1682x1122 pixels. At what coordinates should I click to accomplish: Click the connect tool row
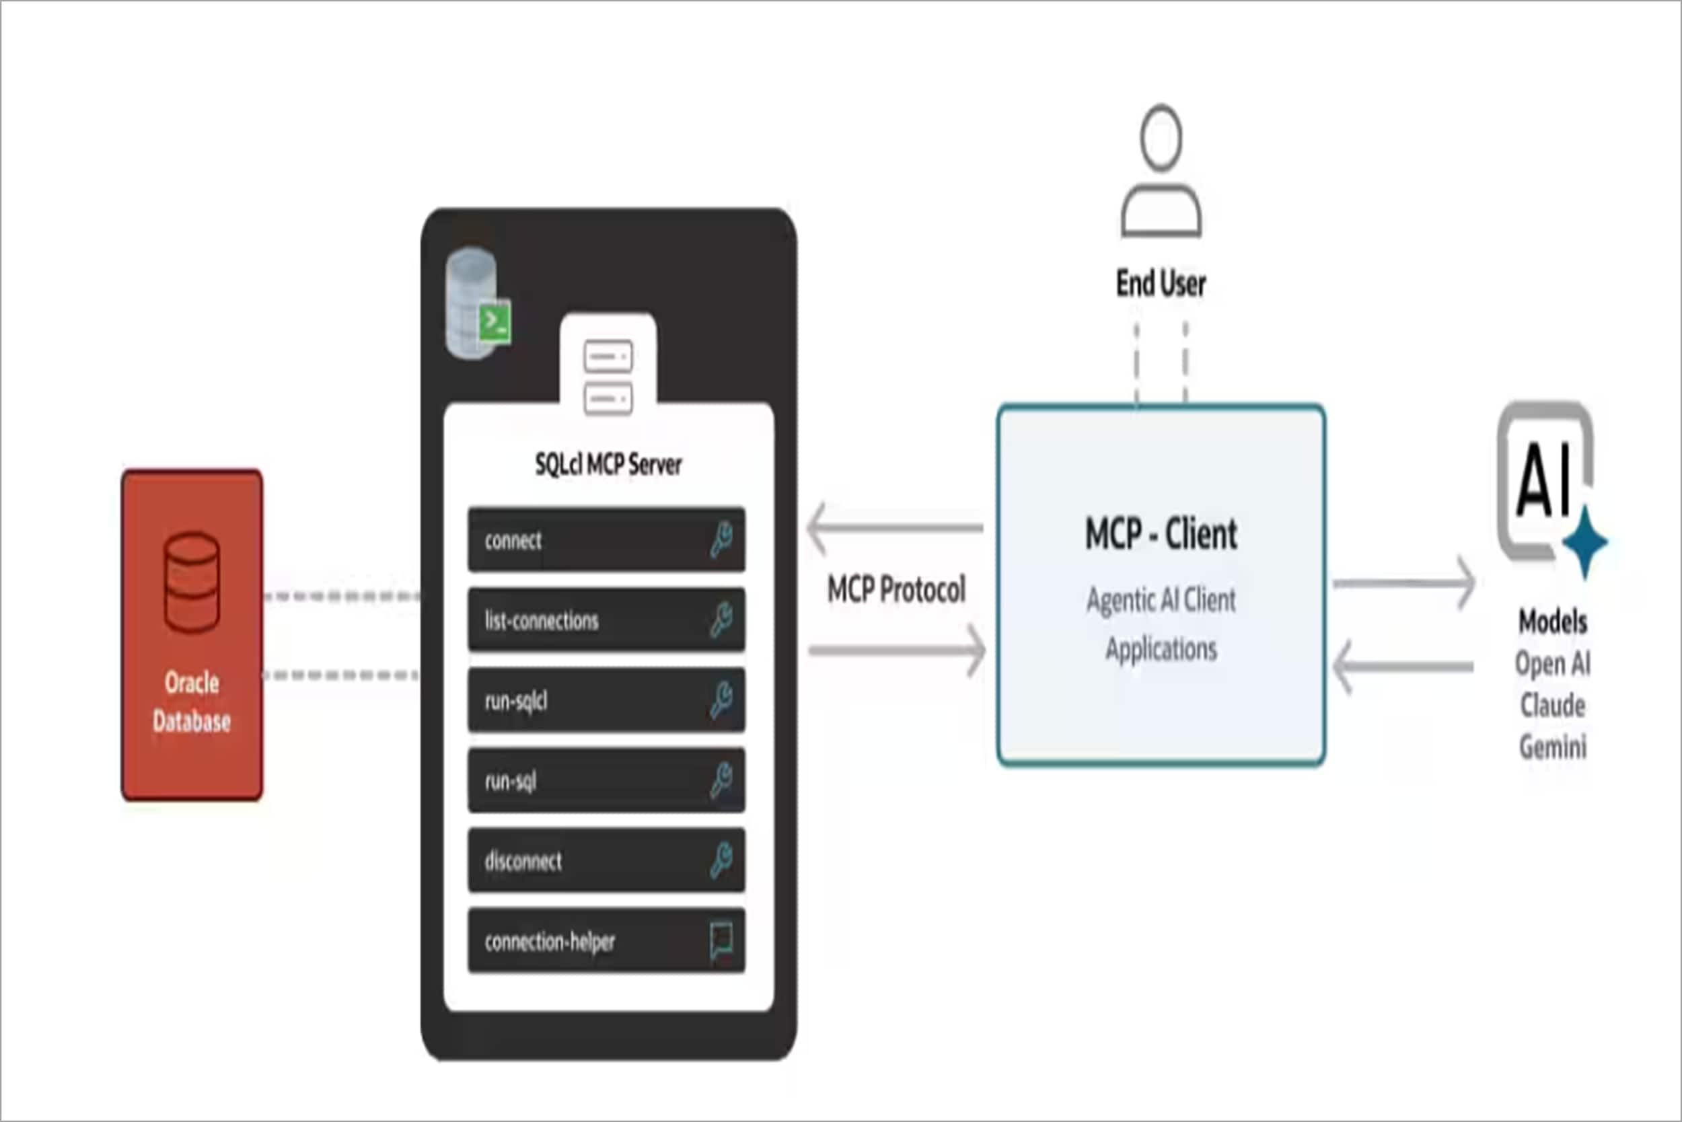click(606, 540)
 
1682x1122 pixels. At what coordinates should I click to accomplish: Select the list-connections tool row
click(606, 620)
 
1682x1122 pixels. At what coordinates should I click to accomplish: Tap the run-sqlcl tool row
click(606, 700)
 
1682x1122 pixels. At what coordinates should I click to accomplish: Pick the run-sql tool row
click(606, 781)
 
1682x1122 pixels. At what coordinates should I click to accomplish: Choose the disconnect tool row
click(606, 861)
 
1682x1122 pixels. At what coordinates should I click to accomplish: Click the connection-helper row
click(606, 941)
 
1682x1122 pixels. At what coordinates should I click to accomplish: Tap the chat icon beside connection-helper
click(721, 941)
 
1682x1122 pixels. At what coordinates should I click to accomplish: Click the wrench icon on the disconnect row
click(721, 860)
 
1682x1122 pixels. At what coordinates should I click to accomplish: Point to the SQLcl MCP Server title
click(608, 465)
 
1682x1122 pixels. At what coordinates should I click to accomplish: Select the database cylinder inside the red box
click(191, 583)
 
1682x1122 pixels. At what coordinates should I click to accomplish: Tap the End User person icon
click(1161, 172)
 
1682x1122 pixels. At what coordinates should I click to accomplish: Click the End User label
click(1161, 283)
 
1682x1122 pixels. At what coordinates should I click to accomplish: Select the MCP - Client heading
click(1161, 534)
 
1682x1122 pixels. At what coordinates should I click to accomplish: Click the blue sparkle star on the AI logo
click(1584, 541)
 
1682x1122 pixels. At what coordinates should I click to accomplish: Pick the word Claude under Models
click(1552, 706)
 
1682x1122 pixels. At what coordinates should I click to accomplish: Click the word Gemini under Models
click(1552, 747)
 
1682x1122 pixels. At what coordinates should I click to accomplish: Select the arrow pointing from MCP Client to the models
click(1403, 583)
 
